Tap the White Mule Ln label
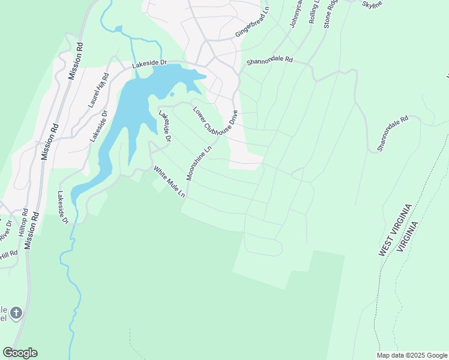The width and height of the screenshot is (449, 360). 169,182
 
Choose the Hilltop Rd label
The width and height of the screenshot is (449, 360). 23,227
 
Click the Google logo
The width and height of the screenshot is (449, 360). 20,353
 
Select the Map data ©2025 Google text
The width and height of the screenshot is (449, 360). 411,355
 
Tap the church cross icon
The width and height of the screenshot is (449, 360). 16,313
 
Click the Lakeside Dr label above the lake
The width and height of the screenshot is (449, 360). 148,64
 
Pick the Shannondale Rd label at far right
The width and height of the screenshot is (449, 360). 393,133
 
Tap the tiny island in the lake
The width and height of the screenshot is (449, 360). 172,94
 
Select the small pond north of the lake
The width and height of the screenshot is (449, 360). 118,28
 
